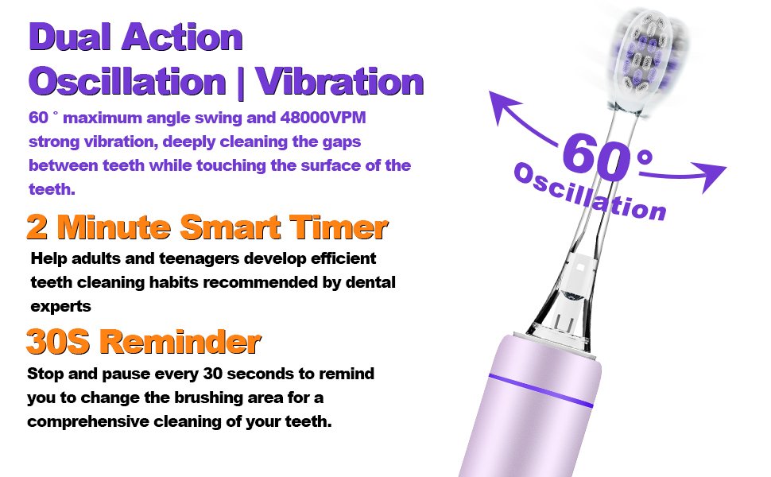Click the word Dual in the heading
pyautogui.click(x=70, y=37)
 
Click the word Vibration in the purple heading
pyautogui.click(x=339, y=81)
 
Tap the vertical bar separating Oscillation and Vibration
pyautogui.click(x=241, y=83)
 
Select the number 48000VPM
pyautogui.click(x=323, y=118)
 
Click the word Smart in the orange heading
pyautogui.click(x=231, y=227)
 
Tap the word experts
pyautogui.click(x=61, y=306)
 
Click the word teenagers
pyautogui.click(x=200, y=258)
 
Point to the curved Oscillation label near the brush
pyautogui.click(x=590, y=192)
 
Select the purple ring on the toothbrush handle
pyautogui.click(x=540, y=390)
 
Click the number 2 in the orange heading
pyautogui.click(x=37, y=227)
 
